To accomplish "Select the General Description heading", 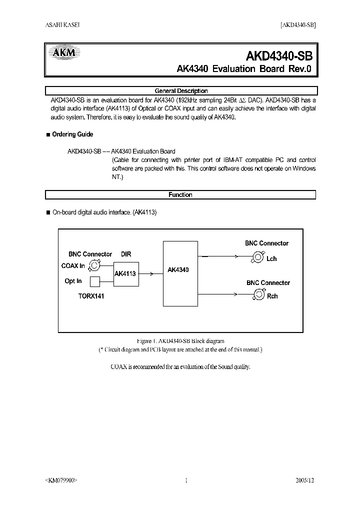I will click(181, 91).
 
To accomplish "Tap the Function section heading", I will click(180, 195).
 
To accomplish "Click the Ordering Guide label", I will click(72, 134).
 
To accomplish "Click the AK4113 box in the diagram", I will click(126, 274).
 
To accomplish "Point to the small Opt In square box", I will click(95, 281).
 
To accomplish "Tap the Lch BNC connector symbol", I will click(257, 257).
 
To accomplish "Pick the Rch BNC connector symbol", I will click(258, 295).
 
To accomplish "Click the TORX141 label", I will click(91, 296).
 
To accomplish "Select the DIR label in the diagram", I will click(126, 254).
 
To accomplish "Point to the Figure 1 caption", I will click(180, 341).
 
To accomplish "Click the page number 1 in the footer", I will click(186, 480).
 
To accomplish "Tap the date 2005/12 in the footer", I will click(305, 480).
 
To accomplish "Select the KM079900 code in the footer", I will click(61, 480).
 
